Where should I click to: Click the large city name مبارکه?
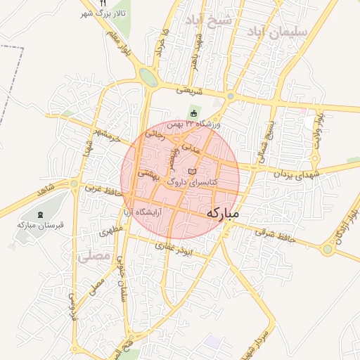point(224,212)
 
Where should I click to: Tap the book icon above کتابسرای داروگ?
point(193,172)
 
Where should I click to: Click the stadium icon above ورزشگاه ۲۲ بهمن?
point(194,114)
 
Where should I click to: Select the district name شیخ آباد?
point(208,19)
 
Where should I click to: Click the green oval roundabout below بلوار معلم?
point(148,77)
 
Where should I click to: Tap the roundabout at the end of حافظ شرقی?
point(328,249)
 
